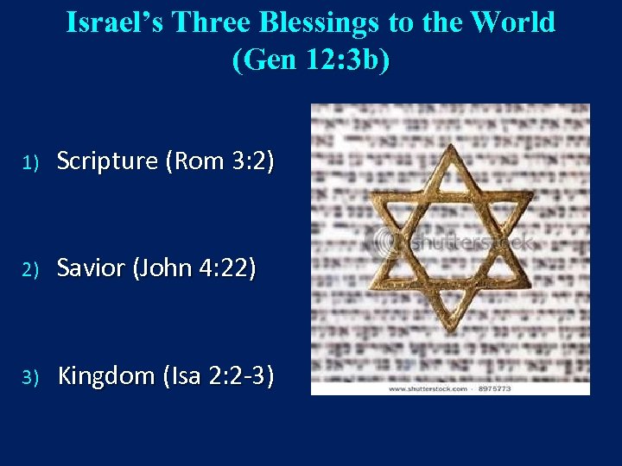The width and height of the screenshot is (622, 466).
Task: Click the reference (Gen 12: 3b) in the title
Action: click(311, 60)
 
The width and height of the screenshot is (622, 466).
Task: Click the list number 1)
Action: click(31, 162)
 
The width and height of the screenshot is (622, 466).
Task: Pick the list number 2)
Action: click(31, 270)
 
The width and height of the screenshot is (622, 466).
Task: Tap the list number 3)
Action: click(31, 377)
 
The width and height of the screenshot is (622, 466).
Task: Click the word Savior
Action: click(91, 268)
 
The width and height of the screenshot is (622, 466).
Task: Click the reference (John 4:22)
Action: click(194, 268)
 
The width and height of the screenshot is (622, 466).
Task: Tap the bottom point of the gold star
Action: click(448, 331)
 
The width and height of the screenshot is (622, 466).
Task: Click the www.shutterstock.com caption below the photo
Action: click(427, 388)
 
